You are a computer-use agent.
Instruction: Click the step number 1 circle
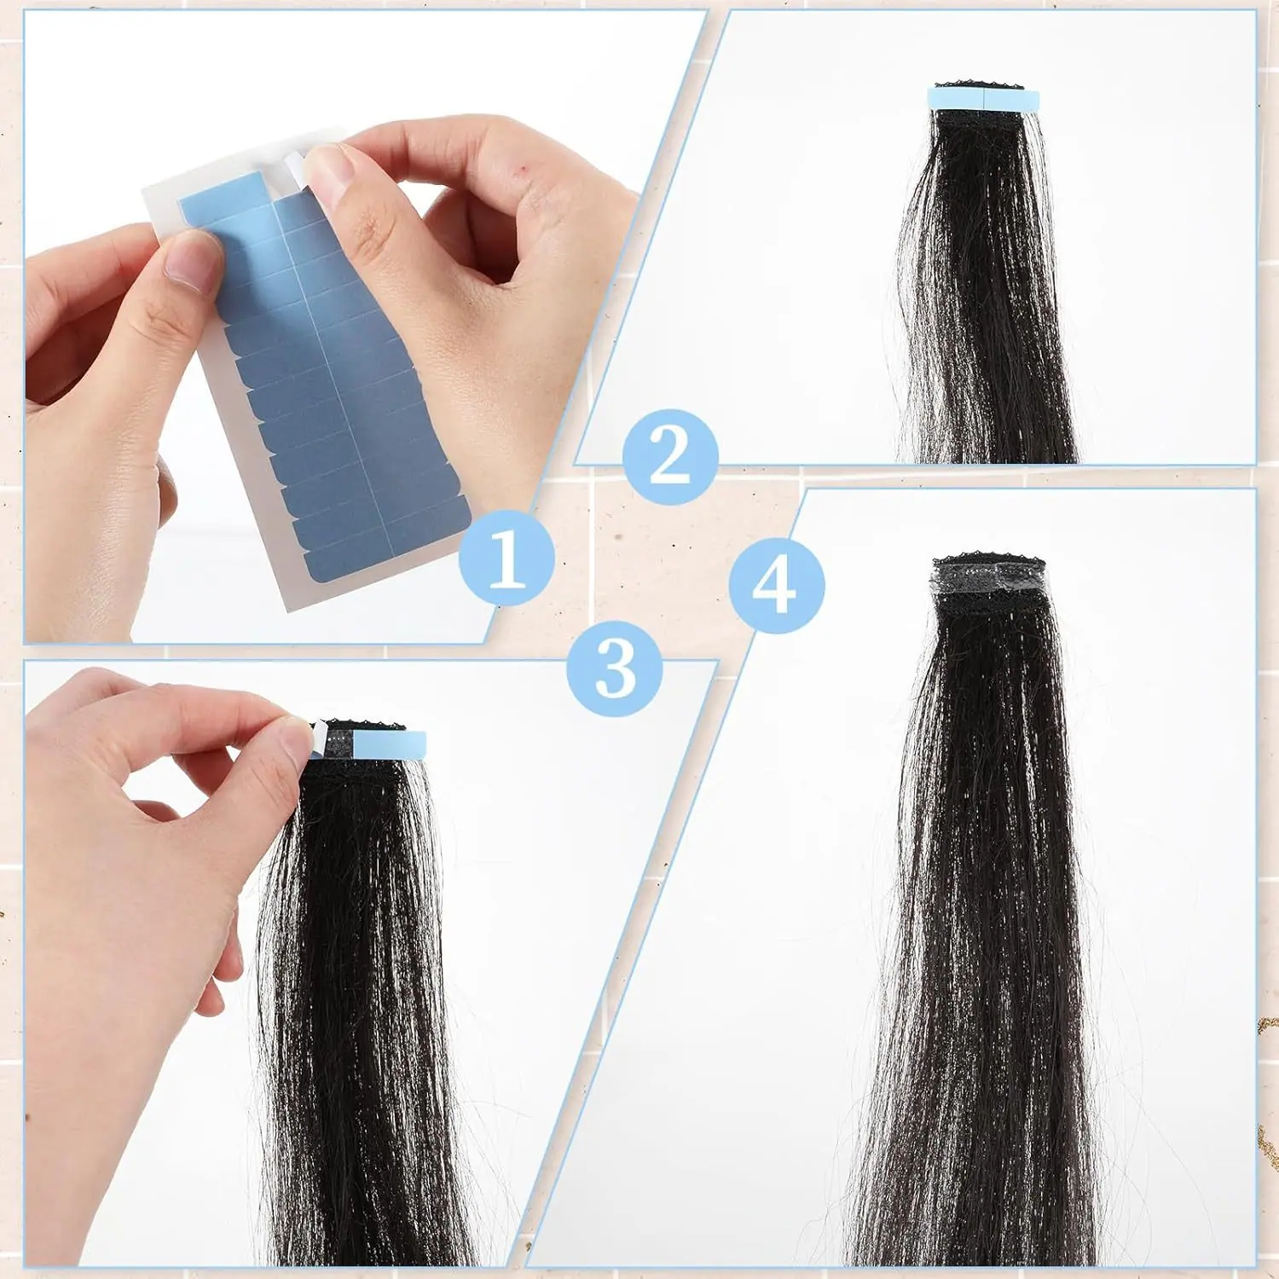coord(507,558)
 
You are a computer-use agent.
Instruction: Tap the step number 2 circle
coord(670,457)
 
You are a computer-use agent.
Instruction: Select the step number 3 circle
coord(615,668)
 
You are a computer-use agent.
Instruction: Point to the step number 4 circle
coord(777,585)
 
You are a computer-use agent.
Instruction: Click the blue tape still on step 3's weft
coord(389,745)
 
